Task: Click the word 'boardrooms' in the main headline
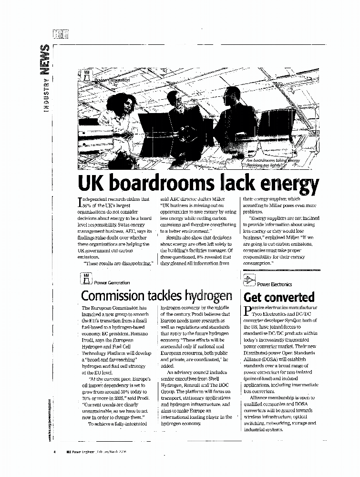point(160,183)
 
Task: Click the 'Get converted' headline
point(279,297)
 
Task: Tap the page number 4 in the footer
point(55,451)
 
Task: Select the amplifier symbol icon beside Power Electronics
point(250,280)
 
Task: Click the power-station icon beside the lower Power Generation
point(86,280)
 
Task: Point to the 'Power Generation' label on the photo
point(112,80)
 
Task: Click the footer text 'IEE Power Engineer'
point(77,451)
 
